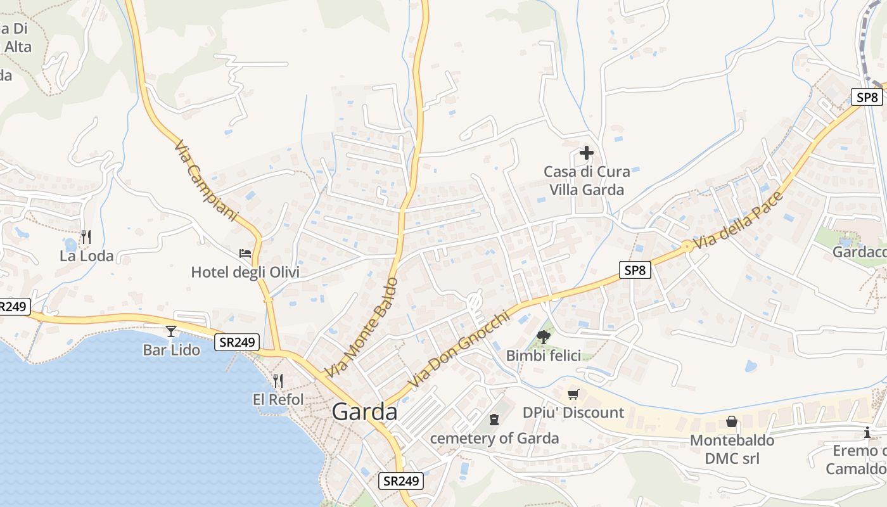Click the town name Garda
coord(364,412)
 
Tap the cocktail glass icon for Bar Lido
coord(171,331)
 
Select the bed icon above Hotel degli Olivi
coord(245,253)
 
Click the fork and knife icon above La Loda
coord(86,237)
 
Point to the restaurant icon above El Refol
coord(278,380)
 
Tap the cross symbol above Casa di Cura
coord(587,153)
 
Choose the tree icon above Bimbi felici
coord(543,337)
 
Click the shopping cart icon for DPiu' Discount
coord(573,394)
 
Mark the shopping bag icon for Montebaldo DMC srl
coord(732,421)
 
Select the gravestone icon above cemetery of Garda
coord(494,419)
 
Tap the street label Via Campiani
coord(205,181)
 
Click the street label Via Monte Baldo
coord(362,327)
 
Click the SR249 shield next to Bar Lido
coord(237,342)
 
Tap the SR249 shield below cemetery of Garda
coord(401,481)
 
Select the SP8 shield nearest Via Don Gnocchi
coord(635,271)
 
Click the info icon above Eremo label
coord(867,433)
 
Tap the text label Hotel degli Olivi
coord(245,273)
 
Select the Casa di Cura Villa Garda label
coord(587,181)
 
